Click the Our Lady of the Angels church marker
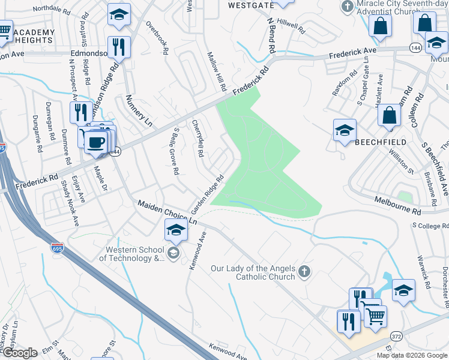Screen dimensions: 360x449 click(304, 272)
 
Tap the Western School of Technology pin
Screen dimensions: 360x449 click(173, 253)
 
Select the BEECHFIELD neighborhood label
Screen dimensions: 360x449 click(380, 142)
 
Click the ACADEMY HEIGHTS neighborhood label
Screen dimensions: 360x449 click(32, 36)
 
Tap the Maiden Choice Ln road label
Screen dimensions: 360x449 click(167, 212)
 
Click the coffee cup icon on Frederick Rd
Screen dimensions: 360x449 click(96, 142)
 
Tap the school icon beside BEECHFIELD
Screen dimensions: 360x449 click(345, 131)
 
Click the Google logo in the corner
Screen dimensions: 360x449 click(20, 353)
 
